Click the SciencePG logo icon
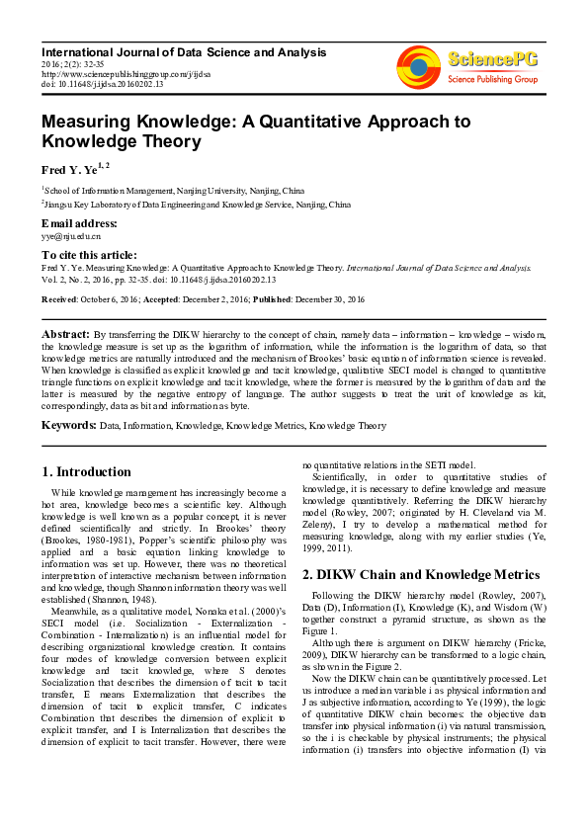click(x=418, y=61)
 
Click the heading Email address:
click(x=79, y=223)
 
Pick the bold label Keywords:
click(x=68, y=425)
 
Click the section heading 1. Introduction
click(x=86, y=472)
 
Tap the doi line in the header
click(x=103, y=83)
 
